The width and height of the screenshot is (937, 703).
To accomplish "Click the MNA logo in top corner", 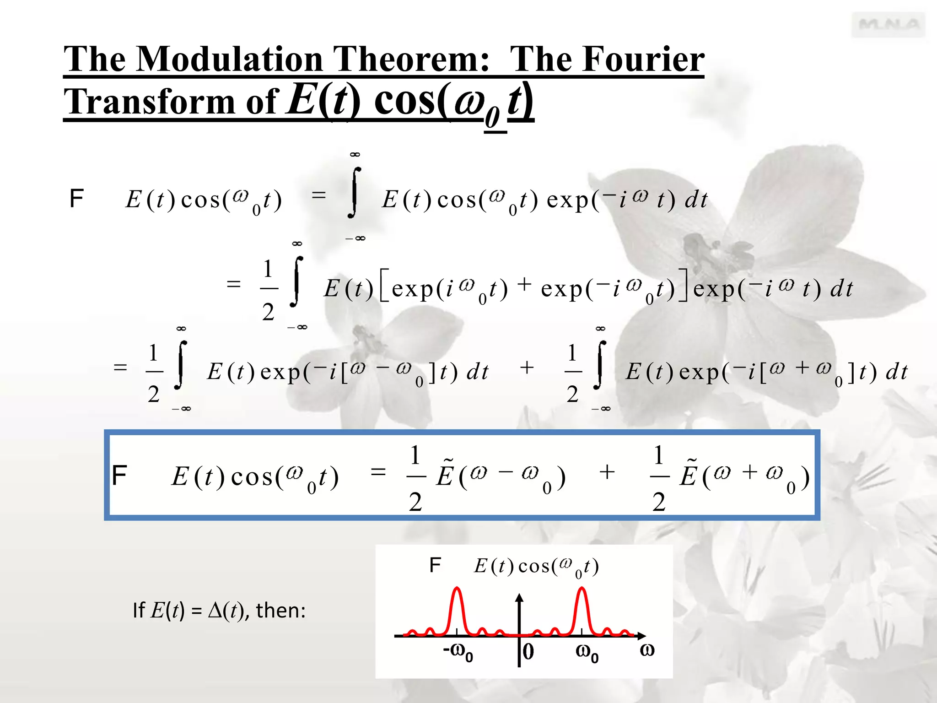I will (x=888, y=25).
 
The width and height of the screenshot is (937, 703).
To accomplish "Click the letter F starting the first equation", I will (x=76, y=199).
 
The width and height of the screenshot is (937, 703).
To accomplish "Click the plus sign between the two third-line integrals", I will (x=527, y=368).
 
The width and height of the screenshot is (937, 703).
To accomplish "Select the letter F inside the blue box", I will (x=119, y=476).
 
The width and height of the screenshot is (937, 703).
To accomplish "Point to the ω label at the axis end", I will (x=647, y=650).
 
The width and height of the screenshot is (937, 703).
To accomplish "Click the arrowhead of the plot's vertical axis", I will (x=519, y=598).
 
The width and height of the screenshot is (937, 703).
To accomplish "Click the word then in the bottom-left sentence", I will (x=280, y=611).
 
